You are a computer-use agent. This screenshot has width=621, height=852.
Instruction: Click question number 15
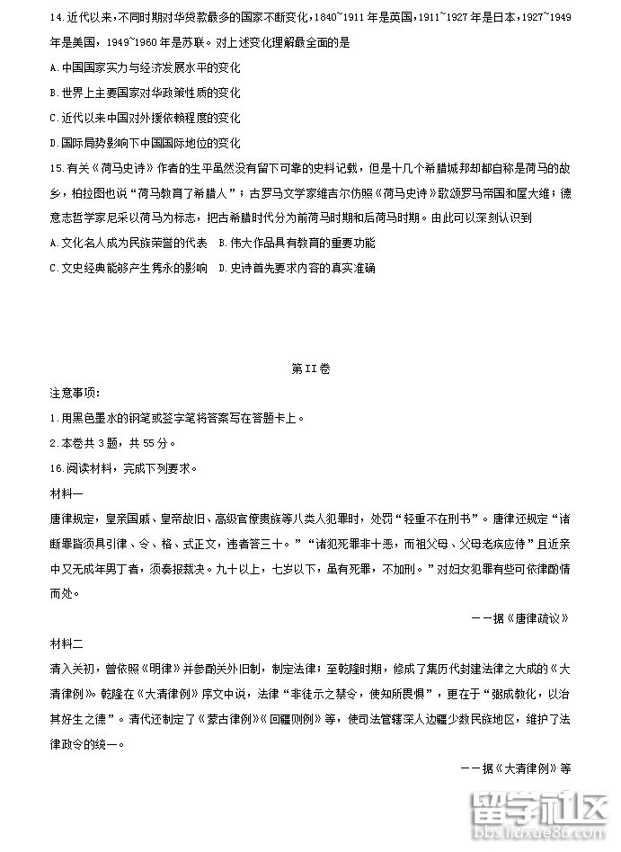(58, 167)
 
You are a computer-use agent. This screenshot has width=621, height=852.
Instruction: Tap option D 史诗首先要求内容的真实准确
(297, 268)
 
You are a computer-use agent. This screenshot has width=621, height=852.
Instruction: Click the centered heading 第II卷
(311, 369)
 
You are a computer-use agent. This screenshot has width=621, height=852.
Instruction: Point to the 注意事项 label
(75, 393)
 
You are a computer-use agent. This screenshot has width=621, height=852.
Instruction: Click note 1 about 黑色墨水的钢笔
(180, 418)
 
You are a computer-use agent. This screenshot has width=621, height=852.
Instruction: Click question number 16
(58, 468)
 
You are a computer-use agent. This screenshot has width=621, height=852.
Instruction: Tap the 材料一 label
(67, 493)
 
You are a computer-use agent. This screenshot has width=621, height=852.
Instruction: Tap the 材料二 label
(67, 643)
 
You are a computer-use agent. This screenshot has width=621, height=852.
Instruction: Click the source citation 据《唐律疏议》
(521, 618)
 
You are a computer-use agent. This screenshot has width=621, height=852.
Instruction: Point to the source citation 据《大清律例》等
(516, 768)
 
